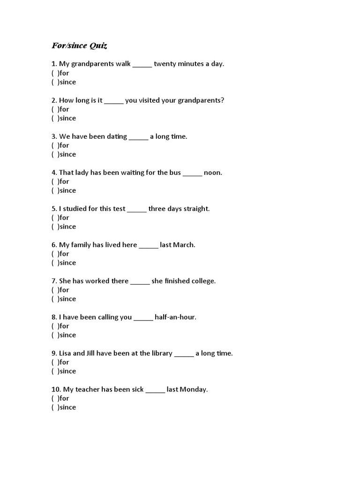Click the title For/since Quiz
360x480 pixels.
click(x=79, y=46)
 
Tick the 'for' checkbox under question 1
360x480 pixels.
click(x=54, y=73)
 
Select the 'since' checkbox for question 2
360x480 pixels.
click(x=54, y=118)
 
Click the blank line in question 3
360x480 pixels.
click(x=138, y=137)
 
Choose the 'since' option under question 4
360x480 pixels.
click(x=54, y=190)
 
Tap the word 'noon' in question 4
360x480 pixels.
click(x=212, y=172)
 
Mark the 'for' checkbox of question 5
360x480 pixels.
click(x=54, y=217)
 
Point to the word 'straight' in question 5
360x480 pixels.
click(x=196, y=209)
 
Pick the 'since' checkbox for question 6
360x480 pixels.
click(x=54, y=262)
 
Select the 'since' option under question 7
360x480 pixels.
click(x=54, y=299)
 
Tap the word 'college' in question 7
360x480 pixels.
click(x=203, y=281)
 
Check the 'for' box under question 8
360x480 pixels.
click(x=54, y=326)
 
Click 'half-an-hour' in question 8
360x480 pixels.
click(x=175, y=317)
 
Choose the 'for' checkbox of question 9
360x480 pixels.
click(x=54, y=362)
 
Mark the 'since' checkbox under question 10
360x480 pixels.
click(x=54, y=407)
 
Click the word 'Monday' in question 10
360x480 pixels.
click(x=193, y=389)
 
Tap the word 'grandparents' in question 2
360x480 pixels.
click(x=199, y=100)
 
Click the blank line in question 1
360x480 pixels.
click(x=142, y=64)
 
